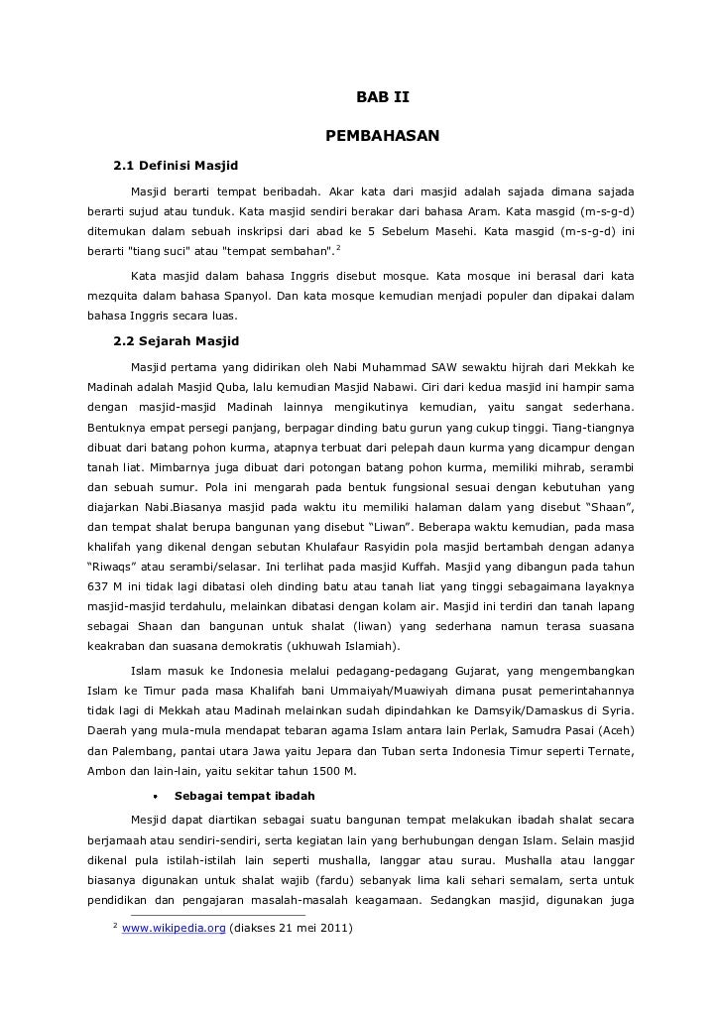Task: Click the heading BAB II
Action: (382, 97)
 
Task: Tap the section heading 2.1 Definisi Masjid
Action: (176, 164)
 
